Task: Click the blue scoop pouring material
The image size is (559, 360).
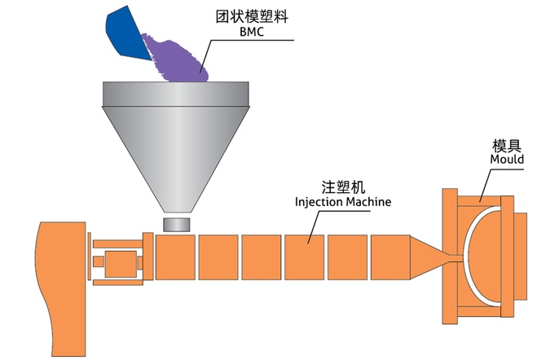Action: pyautogui.click(x=126, y=30)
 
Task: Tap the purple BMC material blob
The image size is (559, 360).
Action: pyautogui.click(x=175, y=59)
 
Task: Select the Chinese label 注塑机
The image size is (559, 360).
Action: pyautogui.click(x=341, y=186)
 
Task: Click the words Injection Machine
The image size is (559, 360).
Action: pyautogui.click(x=341, y=201)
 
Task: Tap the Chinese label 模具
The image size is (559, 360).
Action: pyautogui.click(x=506, y=143)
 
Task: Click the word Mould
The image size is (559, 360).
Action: pyautogui.click(x=506, y=159)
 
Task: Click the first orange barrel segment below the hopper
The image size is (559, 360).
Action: pyautogui.click(x=174, y=257)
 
